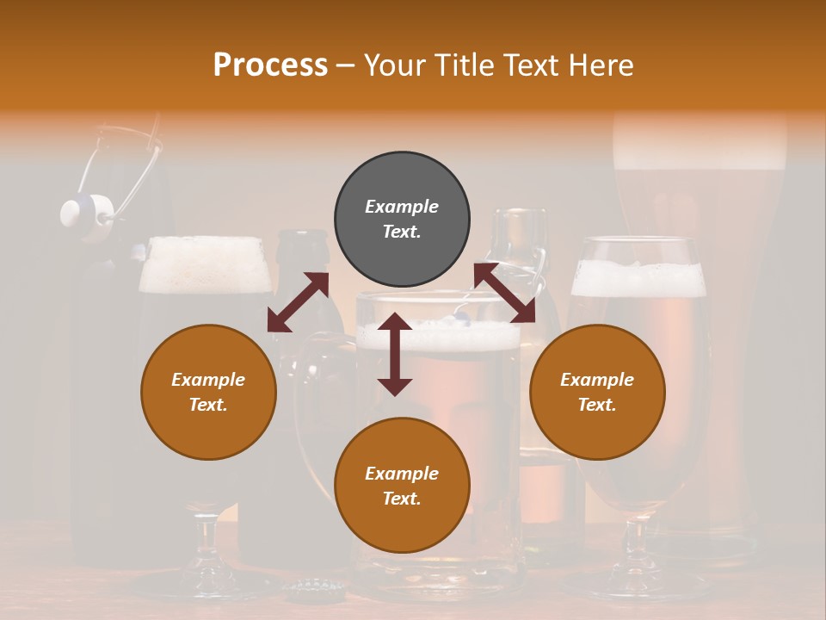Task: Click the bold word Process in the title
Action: click(270, 65)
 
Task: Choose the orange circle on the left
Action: click(208, 392)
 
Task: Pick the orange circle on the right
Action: click(597, 392)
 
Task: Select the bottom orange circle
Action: click(402, 487)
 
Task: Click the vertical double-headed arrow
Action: click(395, 354)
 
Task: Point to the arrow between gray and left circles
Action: click(298, 302)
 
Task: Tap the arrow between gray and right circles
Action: click(504, 293)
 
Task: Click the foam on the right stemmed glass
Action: click(638, 278)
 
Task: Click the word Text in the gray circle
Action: click(402, 232)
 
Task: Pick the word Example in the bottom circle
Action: click(402, 474)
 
